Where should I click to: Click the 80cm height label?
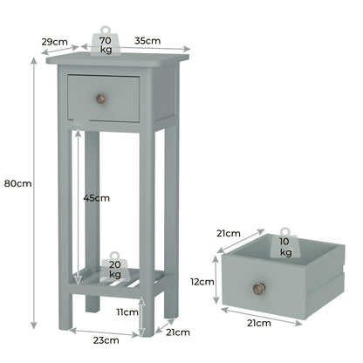(17, 183)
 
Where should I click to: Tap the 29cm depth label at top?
(54, 41)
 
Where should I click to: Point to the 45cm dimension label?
(98, 198)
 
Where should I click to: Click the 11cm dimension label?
(127, 312)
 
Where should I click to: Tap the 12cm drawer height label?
(202, 282)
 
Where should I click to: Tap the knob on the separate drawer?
(258, 288)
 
